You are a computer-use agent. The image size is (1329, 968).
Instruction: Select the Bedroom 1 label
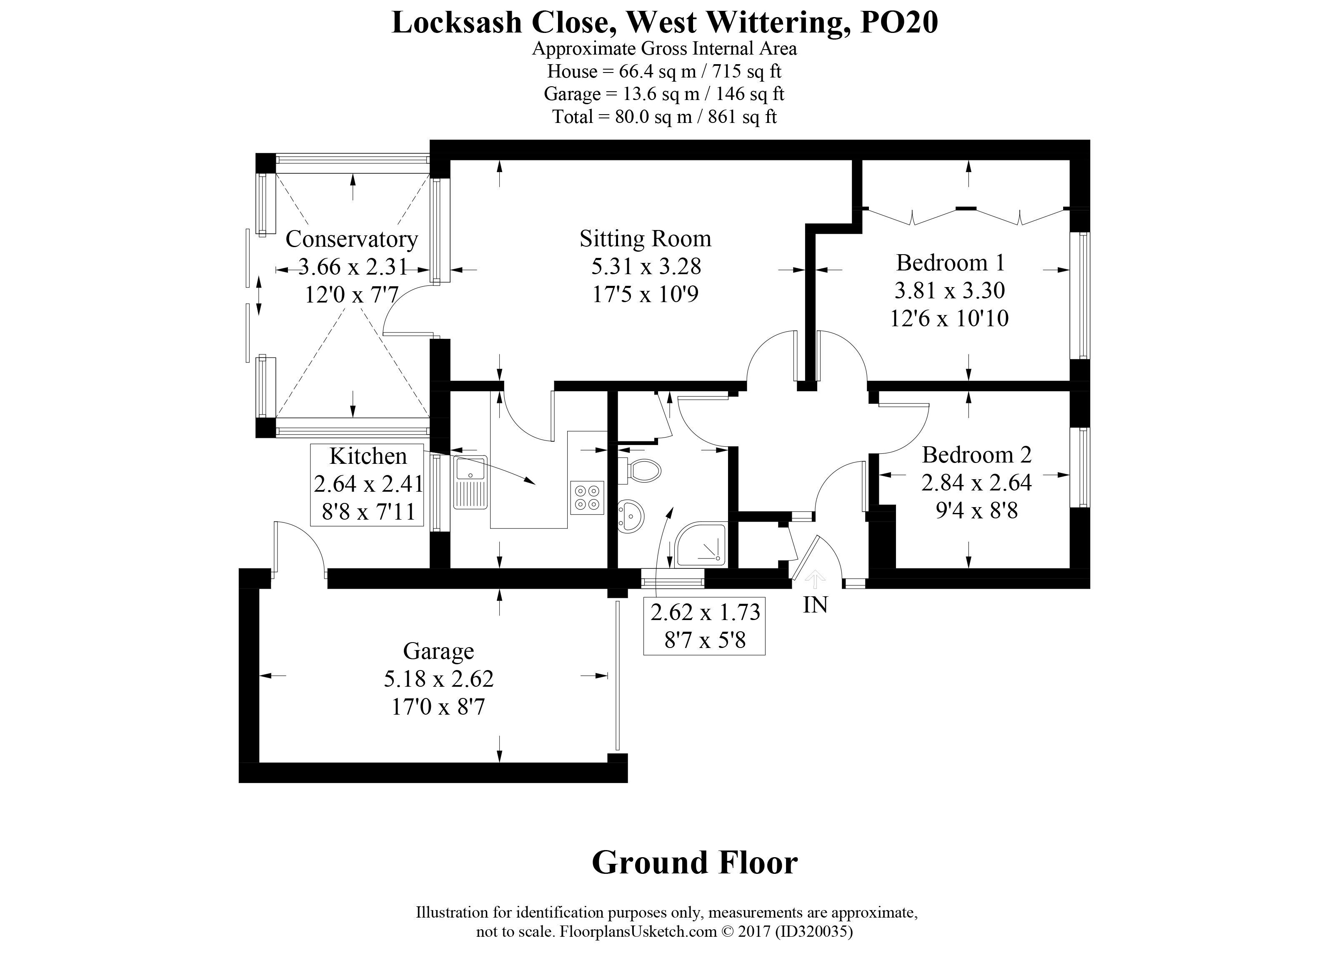click(x=950, y=263)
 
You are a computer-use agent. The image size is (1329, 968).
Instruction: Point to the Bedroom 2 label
click(x=976, y=455)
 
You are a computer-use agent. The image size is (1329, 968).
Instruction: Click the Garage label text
click(x=438, y=651)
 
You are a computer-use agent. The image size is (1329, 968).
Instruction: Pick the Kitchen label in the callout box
click(x=368, y=456)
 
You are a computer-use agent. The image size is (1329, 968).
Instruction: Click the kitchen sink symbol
click(x=470, y=482)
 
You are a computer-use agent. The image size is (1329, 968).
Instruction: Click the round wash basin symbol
click(x=631, y=516)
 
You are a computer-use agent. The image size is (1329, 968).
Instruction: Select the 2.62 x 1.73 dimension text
click(x=705, y=612)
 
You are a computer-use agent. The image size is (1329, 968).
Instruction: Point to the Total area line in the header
click(x=664, y=117)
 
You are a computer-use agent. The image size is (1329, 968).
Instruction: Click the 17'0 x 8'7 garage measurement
click(x=438, y=707)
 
